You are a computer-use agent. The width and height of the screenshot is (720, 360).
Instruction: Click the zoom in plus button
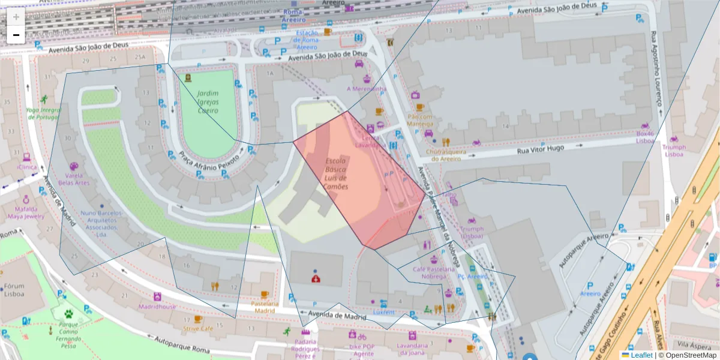16,17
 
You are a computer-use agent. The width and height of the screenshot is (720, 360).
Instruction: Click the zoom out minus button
16,35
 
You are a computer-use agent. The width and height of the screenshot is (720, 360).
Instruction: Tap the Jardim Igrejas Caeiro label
208,102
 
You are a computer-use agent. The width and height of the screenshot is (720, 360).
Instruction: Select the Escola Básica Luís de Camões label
336,174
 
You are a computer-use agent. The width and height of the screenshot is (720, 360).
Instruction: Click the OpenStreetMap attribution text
690,355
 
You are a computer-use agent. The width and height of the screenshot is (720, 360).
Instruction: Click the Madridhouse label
157,307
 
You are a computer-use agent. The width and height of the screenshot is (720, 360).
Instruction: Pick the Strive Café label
198,328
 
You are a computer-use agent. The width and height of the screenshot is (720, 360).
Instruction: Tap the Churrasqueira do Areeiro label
446,155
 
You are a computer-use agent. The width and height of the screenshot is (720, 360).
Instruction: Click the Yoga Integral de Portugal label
44,113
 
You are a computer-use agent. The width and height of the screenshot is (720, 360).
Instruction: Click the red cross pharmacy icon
316,278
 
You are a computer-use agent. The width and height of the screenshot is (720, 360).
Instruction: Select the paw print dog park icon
70,313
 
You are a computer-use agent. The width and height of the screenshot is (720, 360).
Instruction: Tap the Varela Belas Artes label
73,179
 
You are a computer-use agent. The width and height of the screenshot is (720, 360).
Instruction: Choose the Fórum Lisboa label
14,290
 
